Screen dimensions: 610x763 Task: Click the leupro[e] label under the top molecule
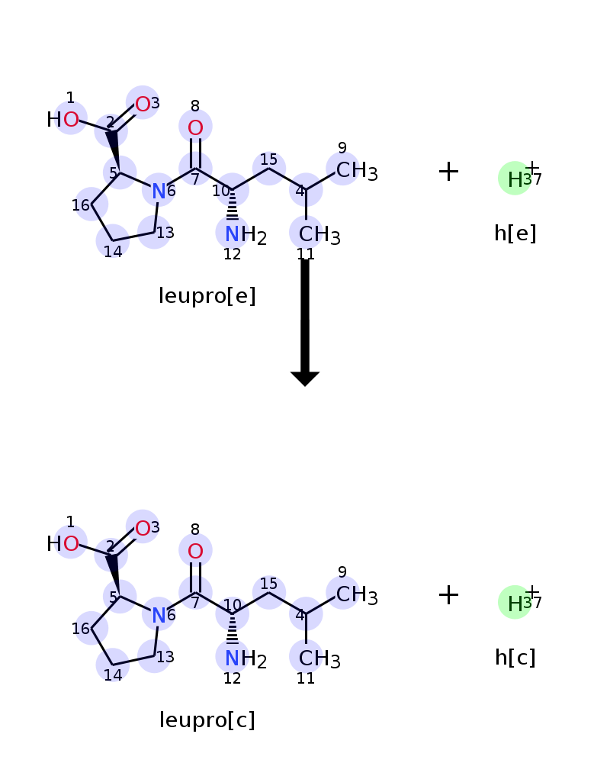pyautogui.click(x=207, y=296)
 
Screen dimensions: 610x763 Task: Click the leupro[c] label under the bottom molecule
pyautogui.click(x=207, y=720)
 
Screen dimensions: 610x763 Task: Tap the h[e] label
pyautogui.click(x=515, y=233)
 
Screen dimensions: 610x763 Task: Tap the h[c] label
pyautogui.click(x=515, y=658)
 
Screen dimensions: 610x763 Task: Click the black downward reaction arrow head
pyautogui.click(x=305, y=378)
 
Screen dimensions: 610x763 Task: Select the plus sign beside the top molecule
pyautogui.click(x=448, y=171)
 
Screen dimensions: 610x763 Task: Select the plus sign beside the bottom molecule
pyautogui.click(x=448, y=595)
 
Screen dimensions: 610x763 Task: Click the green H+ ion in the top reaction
pyautogui.click(x=515, y=179)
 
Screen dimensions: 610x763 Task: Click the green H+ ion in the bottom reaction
pyautogui.click(x=515, y=603)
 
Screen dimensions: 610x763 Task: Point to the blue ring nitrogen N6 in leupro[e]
pyautogui.click(x=159, y=191)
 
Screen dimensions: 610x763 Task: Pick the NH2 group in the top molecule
pyautogui.click(x=246, y=235)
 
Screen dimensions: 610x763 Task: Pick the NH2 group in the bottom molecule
pyautogui.click(x=246, y=659)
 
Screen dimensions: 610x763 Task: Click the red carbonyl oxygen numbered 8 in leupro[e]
pyautogui.click(x=195, y=127)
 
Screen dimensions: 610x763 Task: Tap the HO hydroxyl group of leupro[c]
pyautogui.click(x=63, y=543)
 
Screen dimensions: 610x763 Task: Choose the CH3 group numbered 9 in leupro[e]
pyautogui.click(x=357, y=171)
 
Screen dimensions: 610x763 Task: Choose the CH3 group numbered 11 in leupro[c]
pyautogui.click(x=319, y=659)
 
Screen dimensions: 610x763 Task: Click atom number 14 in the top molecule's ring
pyautogui.click(x=113, y=241)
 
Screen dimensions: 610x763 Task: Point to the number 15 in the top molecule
pyautogui.click(x=268, y=159)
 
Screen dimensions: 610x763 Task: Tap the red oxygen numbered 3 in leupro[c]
pyautogui.click(x=143, y=529)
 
